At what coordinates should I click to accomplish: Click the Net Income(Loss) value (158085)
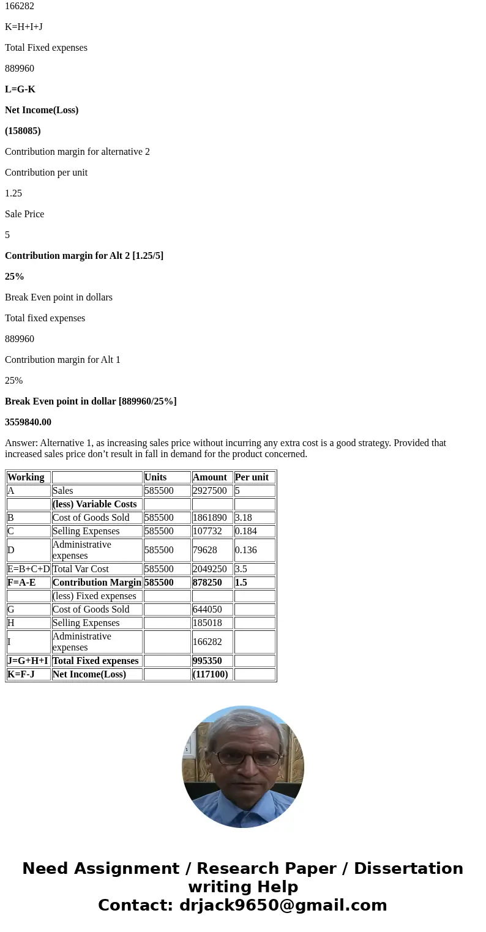(23, 131)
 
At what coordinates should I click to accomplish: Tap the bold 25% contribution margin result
(15, 277)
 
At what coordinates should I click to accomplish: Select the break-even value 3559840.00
(28, 422)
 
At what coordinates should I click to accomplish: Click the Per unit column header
(252, 477)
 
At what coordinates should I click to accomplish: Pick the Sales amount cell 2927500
(210, 491)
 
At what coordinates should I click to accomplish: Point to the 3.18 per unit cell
(243, 518)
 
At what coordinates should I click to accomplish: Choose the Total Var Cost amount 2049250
(210, 569)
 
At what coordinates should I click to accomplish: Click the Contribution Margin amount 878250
(207, 583)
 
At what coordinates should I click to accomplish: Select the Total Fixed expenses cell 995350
(207, 661)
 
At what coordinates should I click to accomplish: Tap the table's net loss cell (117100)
(210, 674)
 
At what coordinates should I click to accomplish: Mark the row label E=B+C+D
(29, 569)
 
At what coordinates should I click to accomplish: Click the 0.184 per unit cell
(246, 531)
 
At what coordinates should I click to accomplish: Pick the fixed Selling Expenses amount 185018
(207, 623)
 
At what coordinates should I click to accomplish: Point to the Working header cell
(26, 477)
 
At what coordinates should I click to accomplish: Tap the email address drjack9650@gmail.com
(283, 905)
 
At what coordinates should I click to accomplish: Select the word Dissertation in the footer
(408, 869)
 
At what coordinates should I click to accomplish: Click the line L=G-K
(20, 89)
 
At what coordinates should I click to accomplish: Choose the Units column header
(155, 477)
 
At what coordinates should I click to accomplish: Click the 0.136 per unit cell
(246, 550)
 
